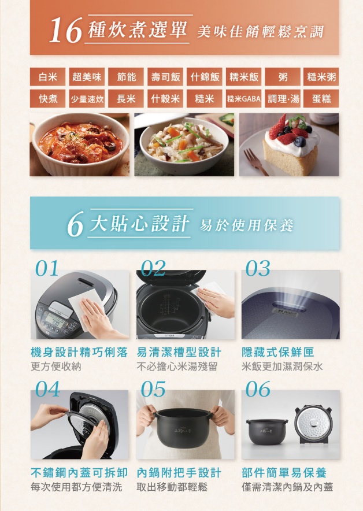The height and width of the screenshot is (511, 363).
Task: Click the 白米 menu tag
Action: (47, 77)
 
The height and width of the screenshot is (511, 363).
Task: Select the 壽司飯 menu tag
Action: (165, 77)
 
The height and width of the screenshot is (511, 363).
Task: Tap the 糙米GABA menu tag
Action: (243, 99)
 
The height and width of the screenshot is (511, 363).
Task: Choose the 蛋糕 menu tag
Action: (321, 99)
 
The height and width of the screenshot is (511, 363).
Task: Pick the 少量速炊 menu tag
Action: (87, 99)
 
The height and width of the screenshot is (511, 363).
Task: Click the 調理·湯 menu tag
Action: (283, 99)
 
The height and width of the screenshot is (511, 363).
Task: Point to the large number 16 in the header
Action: (65, 31)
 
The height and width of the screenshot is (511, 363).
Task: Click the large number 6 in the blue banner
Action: (75, 224)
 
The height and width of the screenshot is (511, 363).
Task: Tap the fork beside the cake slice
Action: (255, 162)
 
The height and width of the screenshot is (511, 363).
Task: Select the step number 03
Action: (258, 268)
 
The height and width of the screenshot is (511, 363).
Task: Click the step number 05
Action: (153, 389)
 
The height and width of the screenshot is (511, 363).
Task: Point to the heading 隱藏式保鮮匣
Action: (278, 352)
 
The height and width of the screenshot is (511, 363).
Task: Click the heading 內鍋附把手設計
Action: (179, 472)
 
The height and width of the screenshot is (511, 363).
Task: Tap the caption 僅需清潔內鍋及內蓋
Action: (287, 487)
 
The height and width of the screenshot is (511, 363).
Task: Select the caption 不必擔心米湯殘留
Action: (177, 366)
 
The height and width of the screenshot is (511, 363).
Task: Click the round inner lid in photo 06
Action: (313, 424)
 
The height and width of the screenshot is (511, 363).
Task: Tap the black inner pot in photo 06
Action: (267, 431)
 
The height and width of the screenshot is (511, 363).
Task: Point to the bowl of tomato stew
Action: (80, 145)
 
